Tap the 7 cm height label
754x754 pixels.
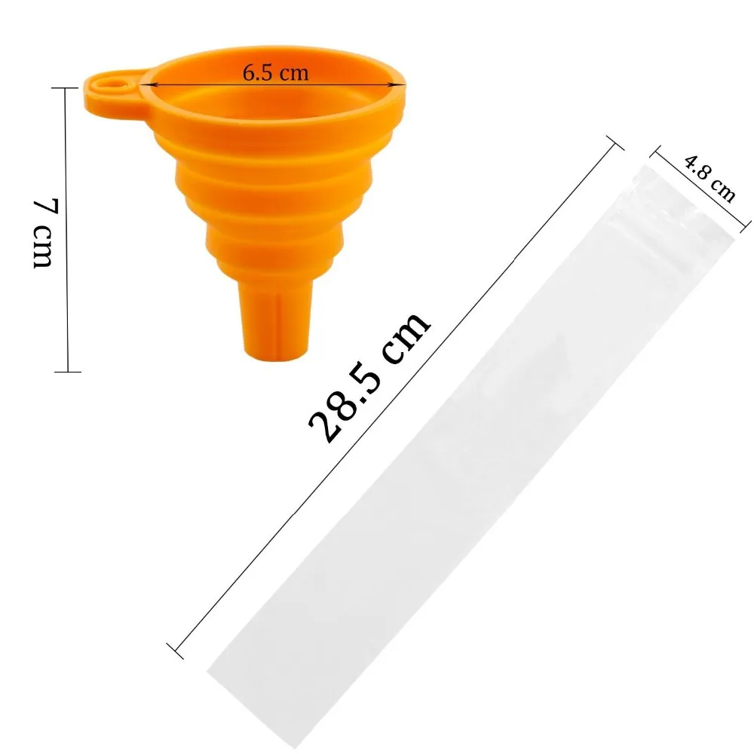[43, 234]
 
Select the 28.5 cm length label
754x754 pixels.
[369, 377]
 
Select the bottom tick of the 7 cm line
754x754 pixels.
[68, 371]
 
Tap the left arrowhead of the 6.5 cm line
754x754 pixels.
[154, 84]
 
